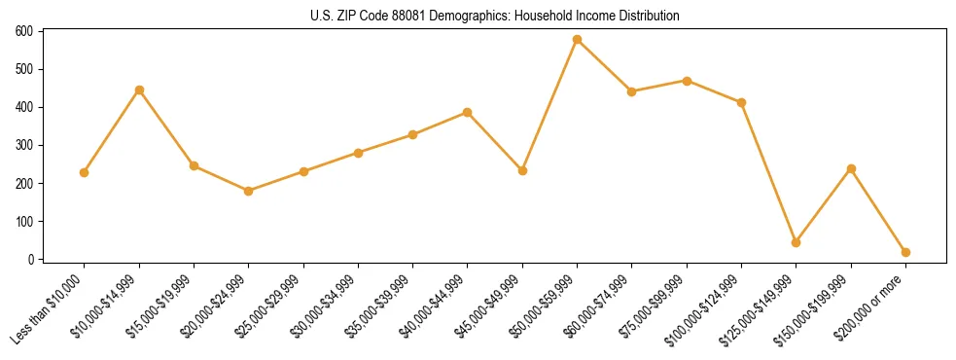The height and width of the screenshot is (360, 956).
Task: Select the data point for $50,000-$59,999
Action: (577, 40)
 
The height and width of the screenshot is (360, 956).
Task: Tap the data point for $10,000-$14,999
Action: (139, 90)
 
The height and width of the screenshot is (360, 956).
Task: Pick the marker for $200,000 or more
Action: (905, 252)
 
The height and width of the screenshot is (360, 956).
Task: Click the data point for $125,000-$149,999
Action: (796, 242)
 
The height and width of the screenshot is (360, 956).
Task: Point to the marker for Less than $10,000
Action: (85, 172)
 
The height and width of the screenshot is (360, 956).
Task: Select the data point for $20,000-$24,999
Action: (248, 191)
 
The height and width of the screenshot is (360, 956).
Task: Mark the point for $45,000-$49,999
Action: (522, 170)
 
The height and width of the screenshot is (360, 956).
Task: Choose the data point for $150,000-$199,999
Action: (851, 168)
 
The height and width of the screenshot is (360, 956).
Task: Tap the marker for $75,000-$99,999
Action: (687, 81)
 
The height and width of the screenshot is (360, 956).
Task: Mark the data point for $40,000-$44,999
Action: (467, 112)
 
